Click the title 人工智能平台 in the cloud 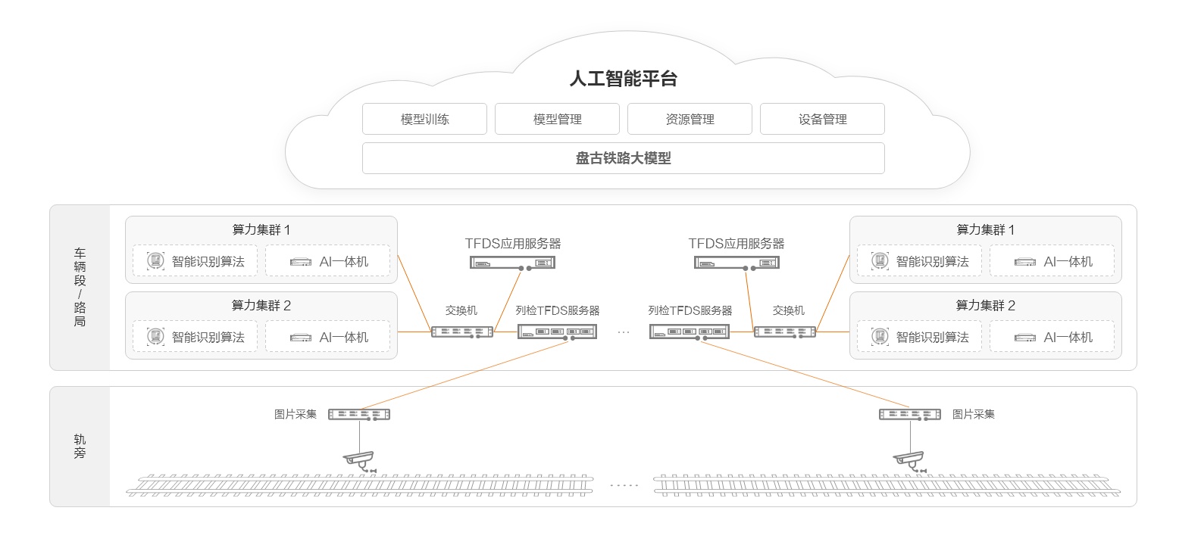623,79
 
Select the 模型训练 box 424,120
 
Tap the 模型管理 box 557,120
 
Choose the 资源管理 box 690,120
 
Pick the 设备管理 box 822,120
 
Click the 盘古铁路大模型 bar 623,158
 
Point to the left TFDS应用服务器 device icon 512,263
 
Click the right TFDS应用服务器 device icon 736,263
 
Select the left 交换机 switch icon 461,332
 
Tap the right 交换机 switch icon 784,332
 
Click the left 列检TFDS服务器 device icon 557,331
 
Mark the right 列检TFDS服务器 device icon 690,331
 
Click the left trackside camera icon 359,459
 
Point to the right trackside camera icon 908,459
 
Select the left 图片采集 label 296,414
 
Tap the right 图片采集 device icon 909,414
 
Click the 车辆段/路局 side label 80,287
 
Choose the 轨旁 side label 80,446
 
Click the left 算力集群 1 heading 261,230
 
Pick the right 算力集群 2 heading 985,306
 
